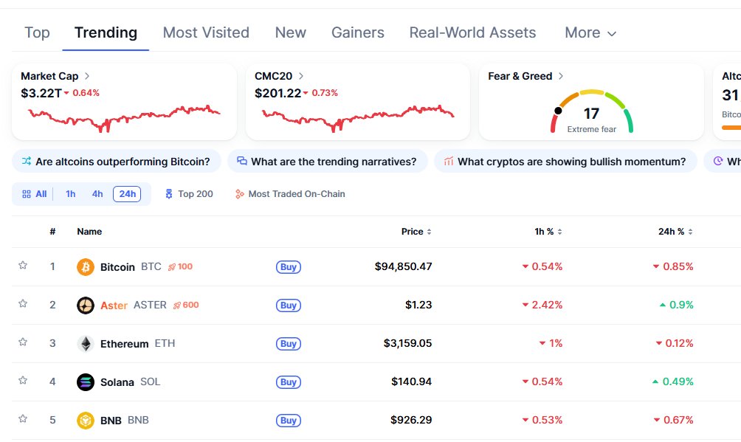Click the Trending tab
(106, 32)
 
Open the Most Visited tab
(206, 32)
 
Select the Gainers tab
(358, 32)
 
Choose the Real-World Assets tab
(472, 32)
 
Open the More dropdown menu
(590, 32)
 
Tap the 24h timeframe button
(127, 194)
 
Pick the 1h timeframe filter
(71, 194)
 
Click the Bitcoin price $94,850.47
(403, 266)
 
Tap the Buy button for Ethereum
(289, 344)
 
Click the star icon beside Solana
(23, 381)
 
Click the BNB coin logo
(86, 421)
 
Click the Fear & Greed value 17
(591, 114)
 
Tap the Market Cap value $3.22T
(41, 93)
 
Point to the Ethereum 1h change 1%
(551, 343)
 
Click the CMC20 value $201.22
(278, 93)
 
